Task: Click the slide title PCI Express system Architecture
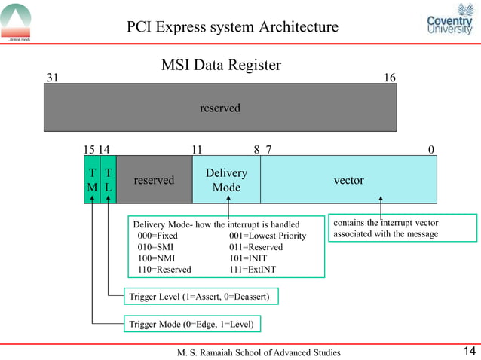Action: click(x=232, y=28)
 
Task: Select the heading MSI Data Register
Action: click(x=221, y=66)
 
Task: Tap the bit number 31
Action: click(x=53, y=78)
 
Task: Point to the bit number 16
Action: click(x=390, y=78)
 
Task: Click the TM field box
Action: click(x=91, y=180)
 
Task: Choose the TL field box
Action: click(x=109, y=180)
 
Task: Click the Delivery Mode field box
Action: click(x=226, y=180)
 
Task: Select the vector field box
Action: click(x=348, y=180)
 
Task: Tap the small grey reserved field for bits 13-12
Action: click(x=154, y=180)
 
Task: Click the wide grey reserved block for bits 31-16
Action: click(x=220, y=108)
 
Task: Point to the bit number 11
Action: click(x=197, y=149)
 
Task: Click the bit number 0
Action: click(x=431, y=149)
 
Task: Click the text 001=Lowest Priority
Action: click(x=268, y=236)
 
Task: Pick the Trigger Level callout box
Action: click(x=201, y=297)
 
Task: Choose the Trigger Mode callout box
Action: click(x=194, y=325)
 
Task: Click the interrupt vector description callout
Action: click(x=404, y=229)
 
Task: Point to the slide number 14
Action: click(x=469, y=351)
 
